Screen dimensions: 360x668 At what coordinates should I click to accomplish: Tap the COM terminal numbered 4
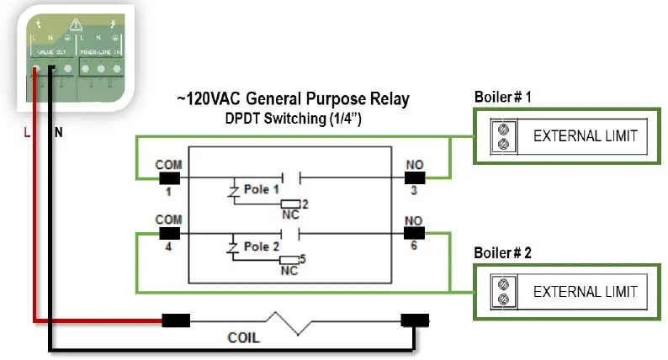[x=169, y=234]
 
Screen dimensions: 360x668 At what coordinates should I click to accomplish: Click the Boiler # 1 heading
[x=502, y=98]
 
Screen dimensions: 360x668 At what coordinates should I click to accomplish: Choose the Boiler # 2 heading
[x=503, y=252]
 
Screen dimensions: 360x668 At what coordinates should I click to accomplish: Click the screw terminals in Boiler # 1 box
[x=503, y=137]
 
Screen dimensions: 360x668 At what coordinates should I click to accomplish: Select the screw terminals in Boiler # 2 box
[x=503, y=292]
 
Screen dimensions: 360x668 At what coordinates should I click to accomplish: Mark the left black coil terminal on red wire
[x=175, y=320]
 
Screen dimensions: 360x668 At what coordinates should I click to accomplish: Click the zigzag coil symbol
[x=290, y=320]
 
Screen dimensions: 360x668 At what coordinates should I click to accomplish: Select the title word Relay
[x=387, y=99]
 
